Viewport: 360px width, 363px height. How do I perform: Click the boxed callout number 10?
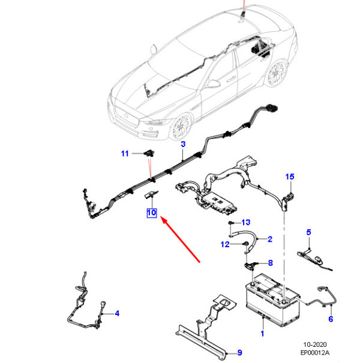click(152, 213)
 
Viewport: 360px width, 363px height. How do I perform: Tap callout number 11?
click(125, 154)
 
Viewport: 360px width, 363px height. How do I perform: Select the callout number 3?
click(183, 144)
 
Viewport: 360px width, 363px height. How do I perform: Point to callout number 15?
click(290, 177)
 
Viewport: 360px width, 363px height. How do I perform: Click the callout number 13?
click(245, 223)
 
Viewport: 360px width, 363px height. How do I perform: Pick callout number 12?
click(225, 244)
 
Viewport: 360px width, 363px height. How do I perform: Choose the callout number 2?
click(270, 239)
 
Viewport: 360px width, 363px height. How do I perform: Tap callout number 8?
click(270, 263)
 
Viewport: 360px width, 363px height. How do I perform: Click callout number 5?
click(308, 232)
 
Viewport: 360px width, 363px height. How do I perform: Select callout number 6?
click(331, 319)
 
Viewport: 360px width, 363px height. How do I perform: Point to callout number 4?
click(117, 313)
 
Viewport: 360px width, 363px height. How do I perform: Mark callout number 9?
click(239, 353)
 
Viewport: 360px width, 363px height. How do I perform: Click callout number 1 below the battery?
click(262, 334)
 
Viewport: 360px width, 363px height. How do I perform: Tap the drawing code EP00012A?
click(314, 353)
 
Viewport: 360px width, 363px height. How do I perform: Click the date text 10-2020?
click(315, 344)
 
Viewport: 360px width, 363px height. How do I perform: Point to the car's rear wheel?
click(277, 73)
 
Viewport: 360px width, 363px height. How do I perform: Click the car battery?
click(273, 299)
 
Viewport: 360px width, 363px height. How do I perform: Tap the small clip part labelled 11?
click(149, 153)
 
